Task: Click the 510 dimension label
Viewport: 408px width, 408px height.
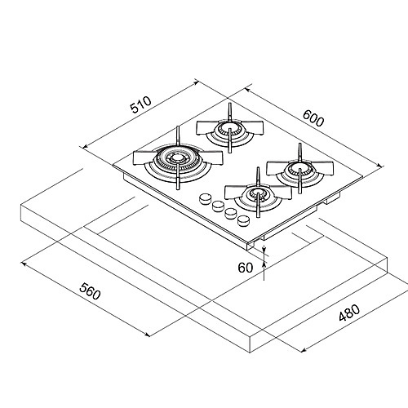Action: (140, 104)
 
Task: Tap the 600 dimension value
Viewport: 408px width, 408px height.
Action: (313, 118)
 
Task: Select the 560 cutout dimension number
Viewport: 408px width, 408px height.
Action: (90, 291)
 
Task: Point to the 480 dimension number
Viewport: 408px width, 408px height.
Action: (349, 313)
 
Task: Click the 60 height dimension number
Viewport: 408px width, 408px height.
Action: (246, 268)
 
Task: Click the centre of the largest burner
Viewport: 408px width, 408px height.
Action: (178, 157)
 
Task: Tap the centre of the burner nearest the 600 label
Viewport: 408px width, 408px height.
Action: (230, 128)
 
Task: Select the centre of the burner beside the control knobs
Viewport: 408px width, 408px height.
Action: (258, 193)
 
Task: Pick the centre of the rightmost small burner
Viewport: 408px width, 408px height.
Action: (299, 169)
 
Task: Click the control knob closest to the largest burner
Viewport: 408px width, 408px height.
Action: (206, 199)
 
